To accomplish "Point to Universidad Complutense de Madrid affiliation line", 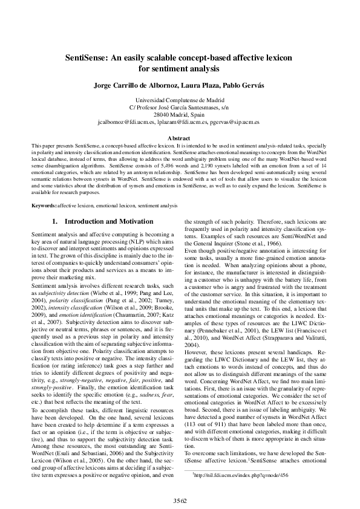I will pyautogui.click(x=180, y=99).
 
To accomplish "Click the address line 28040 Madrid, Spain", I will pyautogui.click(x=180, y=114).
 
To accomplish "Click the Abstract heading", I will pyautogui.click(x=180, y=138).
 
